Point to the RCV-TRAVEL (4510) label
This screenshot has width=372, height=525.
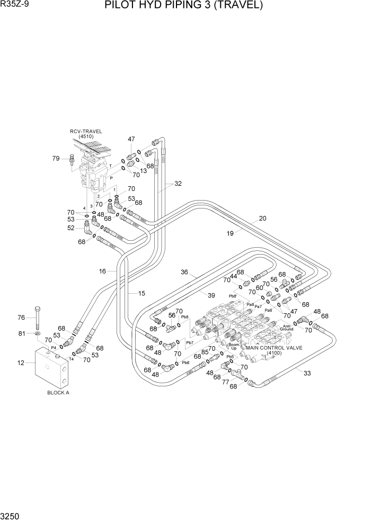86,134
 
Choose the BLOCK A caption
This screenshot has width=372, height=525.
58,393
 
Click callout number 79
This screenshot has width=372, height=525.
56,158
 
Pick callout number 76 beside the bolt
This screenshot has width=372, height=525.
22,318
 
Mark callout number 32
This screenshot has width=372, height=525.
178,184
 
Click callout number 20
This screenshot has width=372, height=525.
262,218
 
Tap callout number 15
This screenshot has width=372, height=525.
141,293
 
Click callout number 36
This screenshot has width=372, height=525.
184,273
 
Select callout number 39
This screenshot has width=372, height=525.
211,295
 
